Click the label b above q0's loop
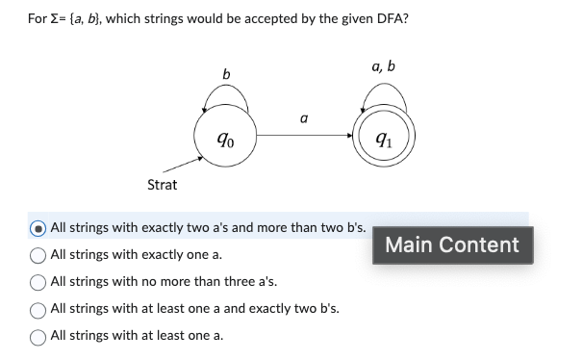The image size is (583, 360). coord(226,73)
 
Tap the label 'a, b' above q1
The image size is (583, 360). coord(382,66)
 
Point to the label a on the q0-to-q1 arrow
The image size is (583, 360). coord(304,119)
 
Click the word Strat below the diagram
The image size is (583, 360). coord(161,184)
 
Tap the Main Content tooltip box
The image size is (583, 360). coord(452,244)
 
